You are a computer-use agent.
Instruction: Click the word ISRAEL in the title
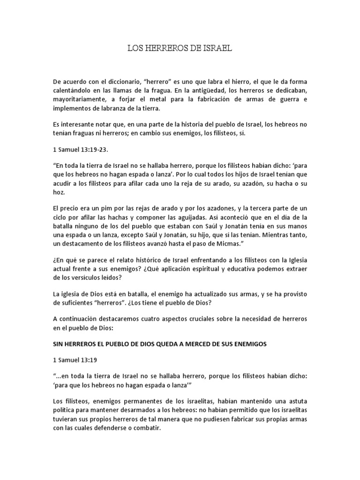[x=217, y=48]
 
